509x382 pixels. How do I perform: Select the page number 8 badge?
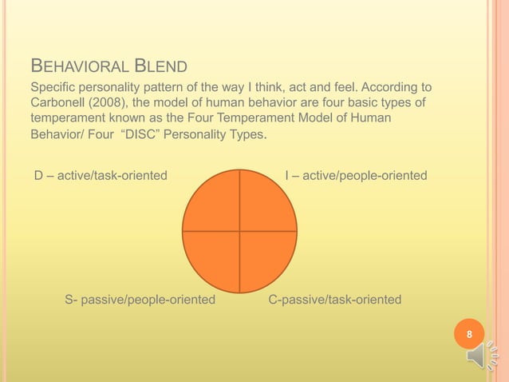tap(469, 334)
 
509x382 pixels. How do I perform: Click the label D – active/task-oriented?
tap(101, 175)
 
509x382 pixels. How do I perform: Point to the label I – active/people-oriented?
tap(356, 175)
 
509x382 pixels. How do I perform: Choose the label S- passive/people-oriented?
tap(140, 300)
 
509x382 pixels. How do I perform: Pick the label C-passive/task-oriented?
tap(335, 300)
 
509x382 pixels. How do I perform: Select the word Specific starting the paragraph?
tap(53, 86)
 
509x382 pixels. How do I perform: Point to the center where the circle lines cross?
tap(239, 232)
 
